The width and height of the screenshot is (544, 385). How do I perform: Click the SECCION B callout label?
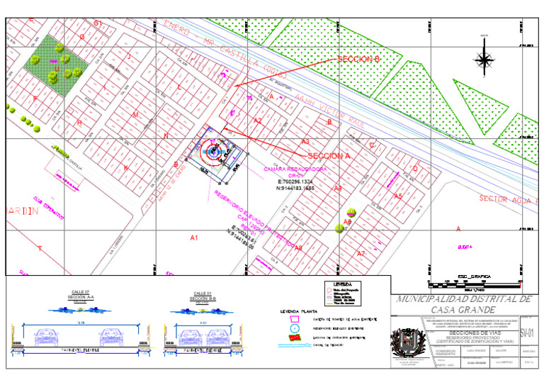[359, 60]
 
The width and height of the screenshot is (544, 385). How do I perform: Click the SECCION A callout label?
[329, 155]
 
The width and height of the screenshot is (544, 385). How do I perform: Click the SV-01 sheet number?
[526, 332]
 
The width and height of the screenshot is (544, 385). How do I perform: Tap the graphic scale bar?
[475, 282]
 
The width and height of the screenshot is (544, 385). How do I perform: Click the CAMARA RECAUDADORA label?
[295, 170]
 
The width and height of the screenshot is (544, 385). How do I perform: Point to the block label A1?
[194, 238]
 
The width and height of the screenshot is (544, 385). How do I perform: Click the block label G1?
[98, 23]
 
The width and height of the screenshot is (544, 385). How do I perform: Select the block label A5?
[398, 196]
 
